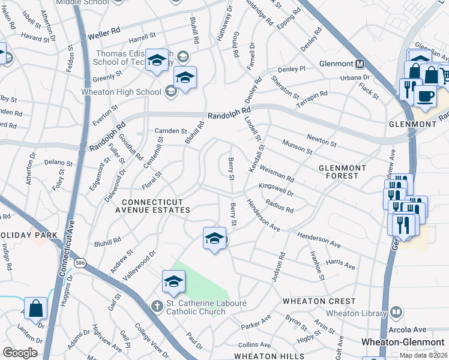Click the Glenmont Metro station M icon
tap(360, 64)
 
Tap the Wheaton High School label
tap(121, 92)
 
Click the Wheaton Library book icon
tap(396, 312)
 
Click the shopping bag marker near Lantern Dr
tap(35, 309)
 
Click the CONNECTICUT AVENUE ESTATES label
tap(155, 205)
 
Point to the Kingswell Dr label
tap(276, 190)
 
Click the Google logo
tap(20, 353)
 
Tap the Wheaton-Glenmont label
tap(402, 341)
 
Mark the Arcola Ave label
tap(410, 329)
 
